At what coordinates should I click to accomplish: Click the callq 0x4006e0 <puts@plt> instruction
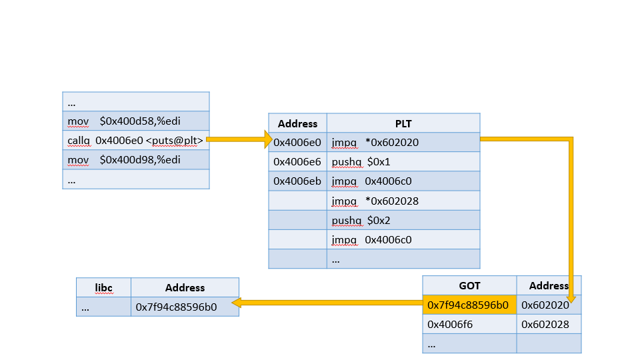coord(135,140)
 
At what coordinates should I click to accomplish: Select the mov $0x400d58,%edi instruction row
coord(135,121)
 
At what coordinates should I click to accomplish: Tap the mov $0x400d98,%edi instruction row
coord(135,160)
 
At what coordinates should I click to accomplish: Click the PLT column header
coord(403,123)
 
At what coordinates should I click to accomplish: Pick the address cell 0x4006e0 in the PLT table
coord(297,142)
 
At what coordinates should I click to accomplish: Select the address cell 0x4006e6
coord(297,161)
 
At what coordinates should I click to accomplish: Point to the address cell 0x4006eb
coord(297,181)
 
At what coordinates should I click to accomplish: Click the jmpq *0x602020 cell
coord(403,142)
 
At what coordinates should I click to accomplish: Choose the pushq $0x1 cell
coord(403,161)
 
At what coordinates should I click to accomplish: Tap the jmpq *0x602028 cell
coord(403,200)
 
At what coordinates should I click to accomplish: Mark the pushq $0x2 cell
coord(403,219)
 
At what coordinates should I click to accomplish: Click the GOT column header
coord(469,285)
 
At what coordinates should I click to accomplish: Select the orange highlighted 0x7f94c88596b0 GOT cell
coord(469,305)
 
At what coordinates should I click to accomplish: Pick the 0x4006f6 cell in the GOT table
coord(469,324)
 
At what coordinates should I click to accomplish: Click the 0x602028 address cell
coord(548,324)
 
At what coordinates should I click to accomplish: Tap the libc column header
coord(103,287)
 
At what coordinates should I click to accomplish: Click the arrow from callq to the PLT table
coord(240,139)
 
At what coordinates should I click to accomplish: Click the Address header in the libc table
coord(185,287)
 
